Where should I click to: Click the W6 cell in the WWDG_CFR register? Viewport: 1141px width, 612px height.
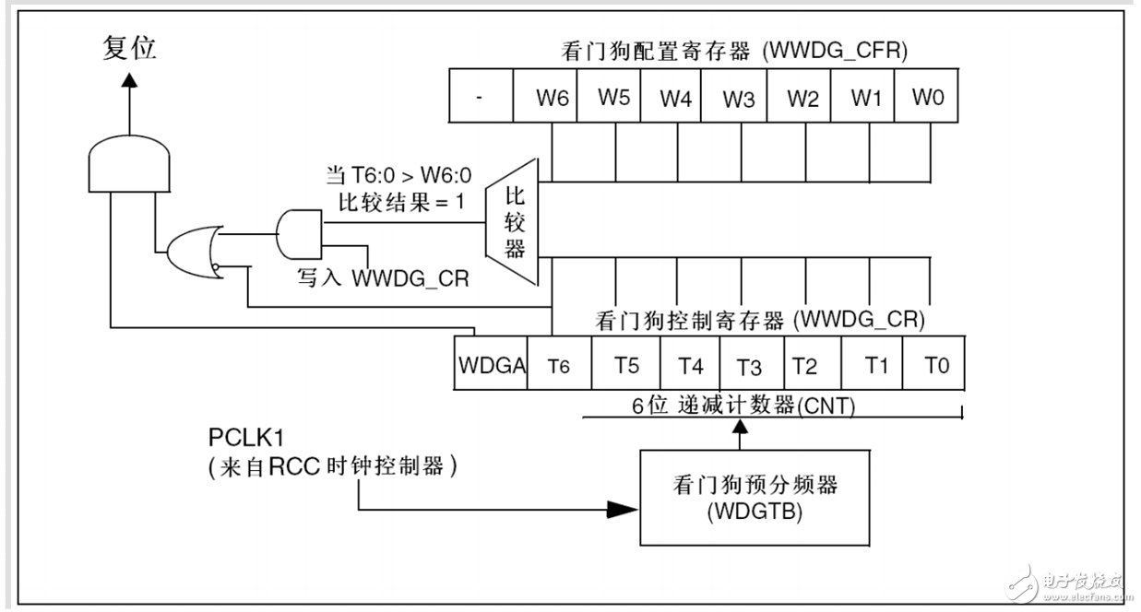[x=545, y=96]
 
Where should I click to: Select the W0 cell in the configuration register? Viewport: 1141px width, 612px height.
[x=926, y=96]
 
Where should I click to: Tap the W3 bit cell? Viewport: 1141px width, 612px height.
[x=734, y=96]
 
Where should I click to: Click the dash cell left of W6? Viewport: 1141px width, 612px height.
[x=481, y=96]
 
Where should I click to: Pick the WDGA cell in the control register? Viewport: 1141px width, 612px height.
[x=491, y=363]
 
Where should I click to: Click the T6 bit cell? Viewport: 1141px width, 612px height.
[x=559, y=363]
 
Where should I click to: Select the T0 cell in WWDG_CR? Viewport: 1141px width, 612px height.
[x=933, y=363]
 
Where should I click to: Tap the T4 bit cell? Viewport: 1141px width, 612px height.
[x=690, y=363]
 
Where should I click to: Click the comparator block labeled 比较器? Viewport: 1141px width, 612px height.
[x=512, y=222]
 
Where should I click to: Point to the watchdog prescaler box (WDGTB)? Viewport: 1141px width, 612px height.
[x=755, y=498]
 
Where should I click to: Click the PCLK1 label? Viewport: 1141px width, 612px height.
[x=246, y=438]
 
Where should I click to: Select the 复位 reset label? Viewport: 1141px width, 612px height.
[x=129, y=48]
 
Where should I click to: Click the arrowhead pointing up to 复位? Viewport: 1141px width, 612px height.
[x=129, y=80]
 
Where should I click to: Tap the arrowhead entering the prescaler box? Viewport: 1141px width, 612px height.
[x=623, y=509]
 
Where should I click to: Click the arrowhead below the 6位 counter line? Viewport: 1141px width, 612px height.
[x=740, y=427]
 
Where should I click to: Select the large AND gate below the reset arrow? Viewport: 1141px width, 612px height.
[x=129, y=164]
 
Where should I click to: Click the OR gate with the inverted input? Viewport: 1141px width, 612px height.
[x=195, y=252]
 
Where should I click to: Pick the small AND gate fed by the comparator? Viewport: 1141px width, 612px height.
[x=299, y=234]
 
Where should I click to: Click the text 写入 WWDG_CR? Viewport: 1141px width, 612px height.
[x=383, y=278]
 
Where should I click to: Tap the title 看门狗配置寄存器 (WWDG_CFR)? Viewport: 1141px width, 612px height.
[x=734, y=51]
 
